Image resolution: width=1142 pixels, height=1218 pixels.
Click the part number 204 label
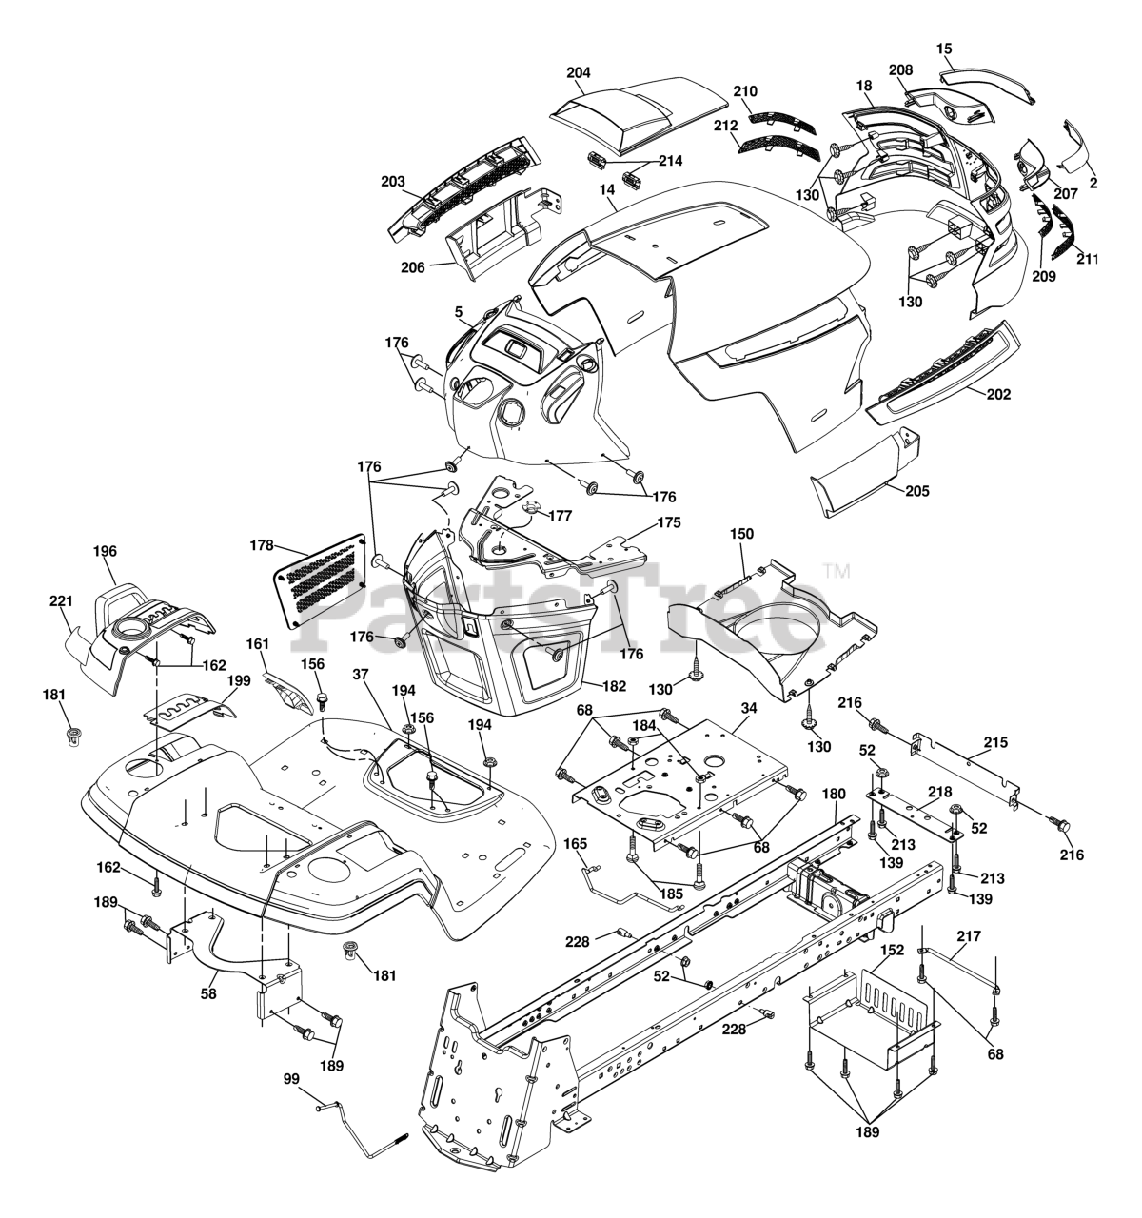pos(578,72)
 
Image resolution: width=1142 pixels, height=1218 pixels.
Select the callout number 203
pos(392,181)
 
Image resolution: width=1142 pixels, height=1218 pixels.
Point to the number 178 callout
pos(260,546)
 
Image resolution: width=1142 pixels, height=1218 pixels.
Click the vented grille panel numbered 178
pos(321,577)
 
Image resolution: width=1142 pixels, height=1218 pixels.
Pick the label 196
pos(105,550)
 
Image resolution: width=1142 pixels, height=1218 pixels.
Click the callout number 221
pos(61,600)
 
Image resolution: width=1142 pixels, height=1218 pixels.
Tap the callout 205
pos(917,491)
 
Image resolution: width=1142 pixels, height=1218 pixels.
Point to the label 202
pos(998,393)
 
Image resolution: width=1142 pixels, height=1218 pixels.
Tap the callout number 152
pos(891,950)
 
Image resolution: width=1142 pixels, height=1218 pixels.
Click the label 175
pos(669,522)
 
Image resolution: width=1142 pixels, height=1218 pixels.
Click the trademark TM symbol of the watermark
pos(836,571)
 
